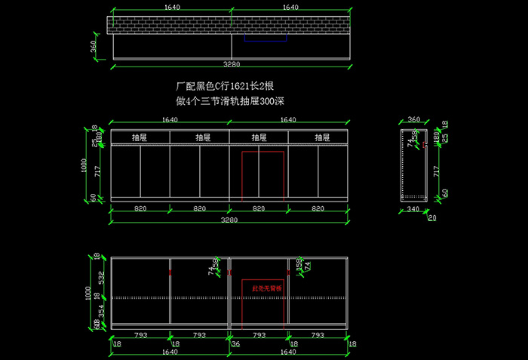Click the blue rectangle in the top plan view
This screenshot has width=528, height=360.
[x=265, y=38]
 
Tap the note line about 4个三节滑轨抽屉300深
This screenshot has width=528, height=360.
[x=230, y=100]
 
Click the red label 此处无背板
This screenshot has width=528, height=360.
[x=262, y=288]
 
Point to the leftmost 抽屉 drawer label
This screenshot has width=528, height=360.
[x=140, y=137]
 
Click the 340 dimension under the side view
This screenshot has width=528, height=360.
[x=413, y=208]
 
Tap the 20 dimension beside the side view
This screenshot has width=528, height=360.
[x=432, y=218]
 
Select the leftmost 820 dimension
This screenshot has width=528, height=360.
[x=140, y=208]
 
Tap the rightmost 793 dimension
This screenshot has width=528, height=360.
[x=318, y=334]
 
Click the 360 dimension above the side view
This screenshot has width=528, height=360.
[x=413, y=119]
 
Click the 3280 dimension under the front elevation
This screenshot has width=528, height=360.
[x=229, y=220]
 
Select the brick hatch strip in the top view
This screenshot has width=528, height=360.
[x=229, y=25]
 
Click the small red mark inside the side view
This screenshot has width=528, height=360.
[x=424, y=143]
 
